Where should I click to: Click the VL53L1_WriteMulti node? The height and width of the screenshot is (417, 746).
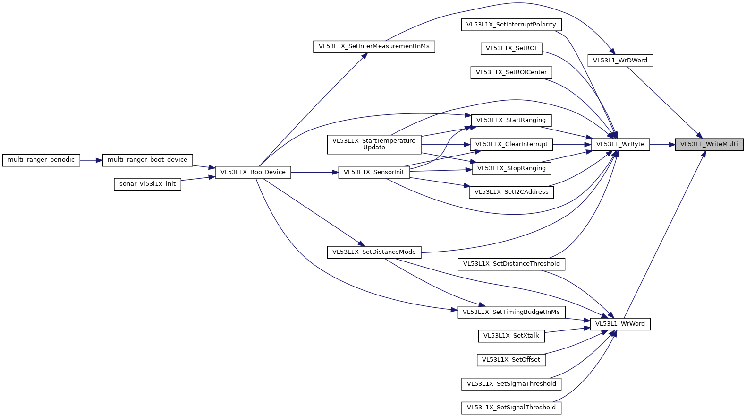[x=709, y=144]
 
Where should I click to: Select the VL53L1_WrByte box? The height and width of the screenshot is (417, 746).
[x=620, y=144]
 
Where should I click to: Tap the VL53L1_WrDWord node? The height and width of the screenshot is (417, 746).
[x=620, y=61]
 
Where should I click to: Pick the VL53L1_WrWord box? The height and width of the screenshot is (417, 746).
[x=620, y=324]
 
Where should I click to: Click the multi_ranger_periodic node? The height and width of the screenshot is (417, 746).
[x=41, y=160]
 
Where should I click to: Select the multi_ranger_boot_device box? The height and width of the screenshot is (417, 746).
[x=147, y=160]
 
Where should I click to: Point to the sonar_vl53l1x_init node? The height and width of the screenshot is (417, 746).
[x=147, y=184]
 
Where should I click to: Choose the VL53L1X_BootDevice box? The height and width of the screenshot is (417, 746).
[x=253, y=172]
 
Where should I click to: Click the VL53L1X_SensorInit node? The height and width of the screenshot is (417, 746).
[x=374, y=172]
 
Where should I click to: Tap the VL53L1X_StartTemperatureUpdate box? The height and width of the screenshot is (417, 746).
[x=374, y=144]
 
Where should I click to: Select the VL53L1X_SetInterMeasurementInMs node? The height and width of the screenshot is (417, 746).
[x=374, y=46]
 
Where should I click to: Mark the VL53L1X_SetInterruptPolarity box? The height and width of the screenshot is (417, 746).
[x=511, y=25]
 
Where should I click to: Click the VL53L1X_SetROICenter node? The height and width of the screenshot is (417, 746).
[x=511, y=72]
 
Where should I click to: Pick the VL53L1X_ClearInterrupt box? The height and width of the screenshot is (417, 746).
[x=511, y=144]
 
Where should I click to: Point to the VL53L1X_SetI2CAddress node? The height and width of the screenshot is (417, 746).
[x=511, y=192]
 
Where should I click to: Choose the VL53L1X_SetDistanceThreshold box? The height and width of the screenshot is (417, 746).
[x=511, y=264]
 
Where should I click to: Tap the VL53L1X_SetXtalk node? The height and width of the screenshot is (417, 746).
[x=511, y=336]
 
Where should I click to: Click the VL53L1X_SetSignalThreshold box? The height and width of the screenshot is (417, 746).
[x=511, y=408]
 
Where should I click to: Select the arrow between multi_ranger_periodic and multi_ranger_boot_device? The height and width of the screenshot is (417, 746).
[x=91, y=160]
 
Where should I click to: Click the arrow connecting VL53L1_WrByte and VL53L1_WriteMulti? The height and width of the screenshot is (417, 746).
[x=662, y=144]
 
